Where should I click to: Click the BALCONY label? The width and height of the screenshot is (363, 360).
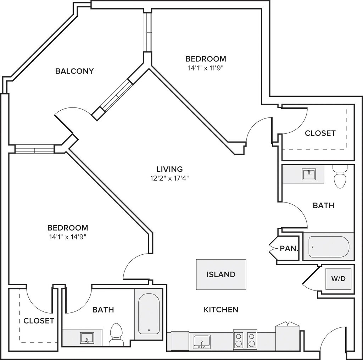tap(74, 71)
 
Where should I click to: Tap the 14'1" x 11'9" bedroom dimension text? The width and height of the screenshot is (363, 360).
tap(206, 68)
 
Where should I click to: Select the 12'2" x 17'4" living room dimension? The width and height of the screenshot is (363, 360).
tap(170, 178)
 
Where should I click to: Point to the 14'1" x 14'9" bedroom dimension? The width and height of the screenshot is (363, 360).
tap(68, 237)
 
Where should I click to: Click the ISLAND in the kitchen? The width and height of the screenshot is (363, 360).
tap(221, 274)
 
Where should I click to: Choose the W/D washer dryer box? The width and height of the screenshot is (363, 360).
tap(338, 279)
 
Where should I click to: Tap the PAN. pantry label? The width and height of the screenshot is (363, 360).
tap(289, 249)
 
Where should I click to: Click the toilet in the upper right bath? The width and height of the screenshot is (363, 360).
tap(340, 176)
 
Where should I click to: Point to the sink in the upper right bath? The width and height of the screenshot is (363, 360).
tap(309, 175)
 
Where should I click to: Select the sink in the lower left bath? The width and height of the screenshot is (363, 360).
tap(87, 338)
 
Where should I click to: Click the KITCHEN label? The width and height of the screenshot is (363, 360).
tap(221, 310)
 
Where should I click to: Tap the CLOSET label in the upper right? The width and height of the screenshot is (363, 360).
tap(320, 133)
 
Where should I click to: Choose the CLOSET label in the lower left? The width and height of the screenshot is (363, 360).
tap(39, 321)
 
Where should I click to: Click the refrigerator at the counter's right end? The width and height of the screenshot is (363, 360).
tap(288, 336)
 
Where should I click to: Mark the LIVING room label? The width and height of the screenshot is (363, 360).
tap(170, 169)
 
